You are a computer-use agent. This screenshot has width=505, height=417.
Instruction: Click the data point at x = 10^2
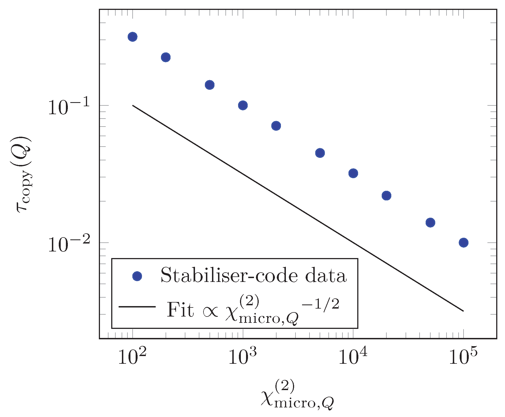(133, 37)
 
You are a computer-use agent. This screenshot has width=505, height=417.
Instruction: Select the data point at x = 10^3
(243, 105)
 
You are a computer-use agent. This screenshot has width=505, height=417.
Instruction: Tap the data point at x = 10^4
(353, 173)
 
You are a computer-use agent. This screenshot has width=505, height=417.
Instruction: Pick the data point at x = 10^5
(464, 243)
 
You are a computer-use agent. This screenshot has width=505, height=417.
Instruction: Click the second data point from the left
(166, 57)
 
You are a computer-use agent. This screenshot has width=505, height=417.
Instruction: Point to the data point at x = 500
(210, 85)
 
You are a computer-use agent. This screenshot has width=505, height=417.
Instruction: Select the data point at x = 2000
(276, 126)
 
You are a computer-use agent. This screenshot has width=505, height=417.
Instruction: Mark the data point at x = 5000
(320, 153)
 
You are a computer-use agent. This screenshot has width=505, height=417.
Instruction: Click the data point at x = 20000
(386, 196)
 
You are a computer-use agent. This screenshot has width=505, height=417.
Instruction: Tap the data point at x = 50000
(430, 222)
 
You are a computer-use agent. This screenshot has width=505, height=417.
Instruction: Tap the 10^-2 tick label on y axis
(69, 244)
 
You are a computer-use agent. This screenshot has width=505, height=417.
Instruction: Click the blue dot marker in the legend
(137, 276)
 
